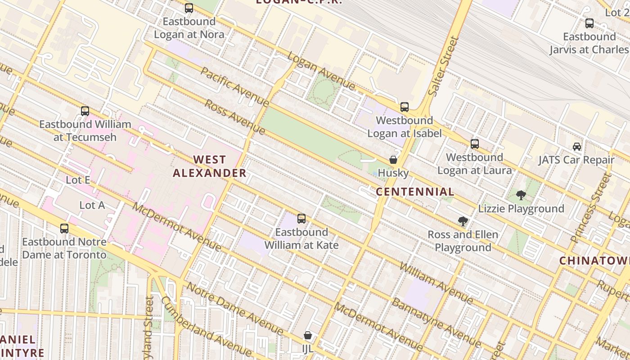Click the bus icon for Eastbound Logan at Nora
189,8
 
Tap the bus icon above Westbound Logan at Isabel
405,107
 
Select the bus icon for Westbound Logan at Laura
475,144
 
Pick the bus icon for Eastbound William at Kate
301,219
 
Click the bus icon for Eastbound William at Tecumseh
85,111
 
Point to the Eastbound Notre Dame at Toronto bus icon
64,229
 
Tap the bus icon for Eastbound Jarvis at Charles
589,23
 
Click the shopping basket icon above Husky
393,160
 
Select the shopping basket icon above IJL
308,335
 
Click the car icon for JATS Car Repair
577,146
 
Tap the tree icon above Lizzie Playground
521,195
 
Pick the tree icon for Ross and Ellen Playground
463,221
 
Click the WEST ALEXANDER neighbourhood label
210,166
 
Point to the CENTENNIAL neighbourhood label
415,192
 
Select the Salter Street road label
443,66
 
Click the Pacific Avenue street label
234,87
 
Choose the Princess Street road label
591,208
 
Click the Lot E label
78,180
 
